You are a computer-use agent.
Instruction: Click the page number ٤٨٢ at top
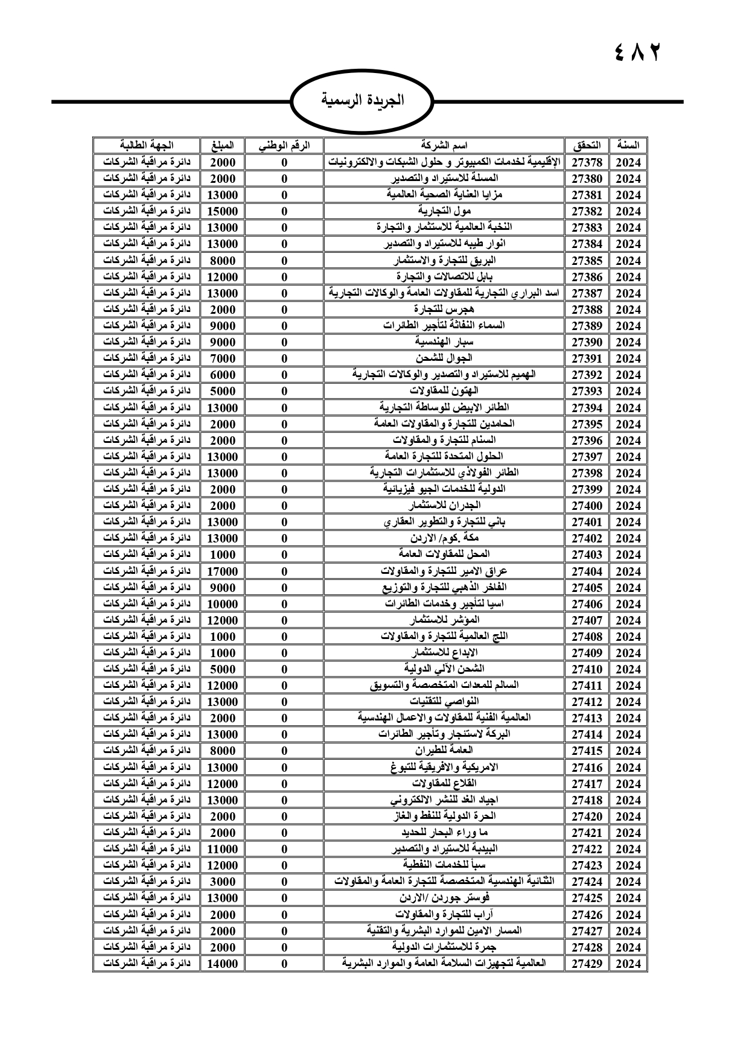pyautogui.click(x=637, y=52)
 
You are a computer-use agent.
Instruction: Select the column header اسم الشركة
pyautogui.click(x=444, y=145)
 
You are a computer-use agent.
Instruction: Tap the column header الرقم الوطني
pyautogui.click(x=284, y=145)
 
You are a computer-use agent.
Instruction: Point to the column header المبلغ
pyautogui.click(x=222, y=145)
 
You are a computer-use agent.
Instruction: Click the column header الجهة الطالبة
pyautogui.click(x=146, y=145)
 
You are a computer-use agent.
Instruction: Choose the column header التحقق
pyautogui.click(x=587, y=145)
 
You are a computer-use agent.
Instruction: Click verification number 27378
pyautogui.click(x=587, y=162)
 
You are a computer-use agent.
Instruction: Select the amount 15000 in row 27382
pyautogui.click(x=222, y=211)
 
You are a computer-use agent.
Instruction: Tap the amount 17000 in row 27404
pyautogui.click(x=222, y=571)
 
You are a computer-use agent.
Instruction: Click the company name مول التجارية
pyautogui.click(x=444, y=211)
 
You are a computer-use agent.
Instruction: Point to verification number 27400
pyautogui.click(x=587, y=506)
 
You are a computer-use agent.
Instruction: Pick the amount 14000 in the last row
pyautogui.click(x=222, y=964)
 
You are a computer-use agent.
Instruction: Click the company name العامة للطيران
pyautogui.click(x=444, y=751)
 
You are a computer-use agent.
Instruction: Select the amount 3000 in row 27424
pyautogui.click(x=222, y=882)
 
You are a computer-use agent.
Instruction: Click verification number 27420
pyautogui.click(x=587, y=816)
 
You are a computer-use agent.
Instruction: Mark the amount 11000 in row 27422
pyautogui.click(x=222, y=849)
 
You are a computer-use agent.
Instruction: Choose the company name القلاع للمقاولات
pyautogui.click(x=444, y=784)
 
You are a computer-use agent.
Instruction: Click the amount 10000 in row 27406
pyautogui.click(x=222, y=604)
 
